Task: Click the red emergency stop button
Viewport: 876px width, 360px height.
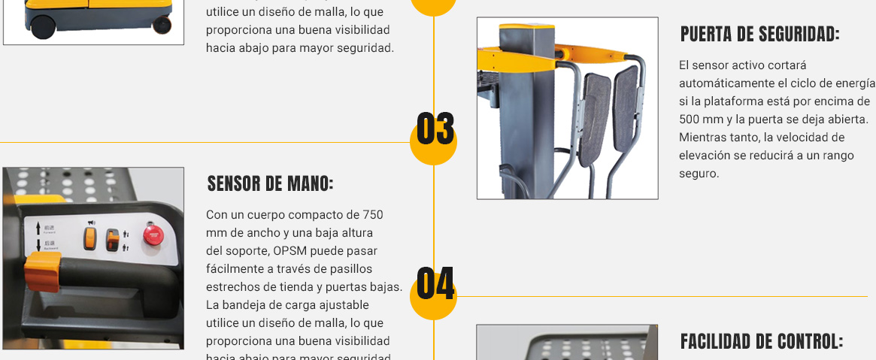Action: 153,234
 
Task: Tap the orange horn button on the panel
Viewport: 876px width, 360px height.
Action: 91,238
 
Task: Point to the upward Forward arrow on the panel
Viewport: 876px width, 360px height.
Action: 38,227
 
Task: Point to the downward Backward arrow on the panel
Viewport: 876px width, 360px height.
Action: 38,245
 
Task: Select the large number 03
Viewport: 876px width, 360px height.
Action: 435,129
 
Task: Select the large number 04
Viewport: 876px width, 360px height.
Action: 435,284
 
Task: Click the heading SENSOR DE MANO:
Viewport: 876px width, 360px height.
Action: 270,184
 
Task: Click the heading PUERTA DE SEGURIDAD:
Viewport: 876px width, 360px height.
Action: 759,35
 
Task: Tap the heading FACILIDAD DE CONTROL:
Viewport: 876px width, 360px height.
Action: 762,342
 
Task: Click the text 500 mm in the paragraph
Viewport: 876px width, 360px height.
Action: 696,119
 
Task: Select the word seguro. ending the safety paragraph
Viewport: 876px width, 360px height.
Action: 699,174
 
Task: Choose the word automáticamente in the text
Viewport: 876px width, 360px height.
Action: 723,83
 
